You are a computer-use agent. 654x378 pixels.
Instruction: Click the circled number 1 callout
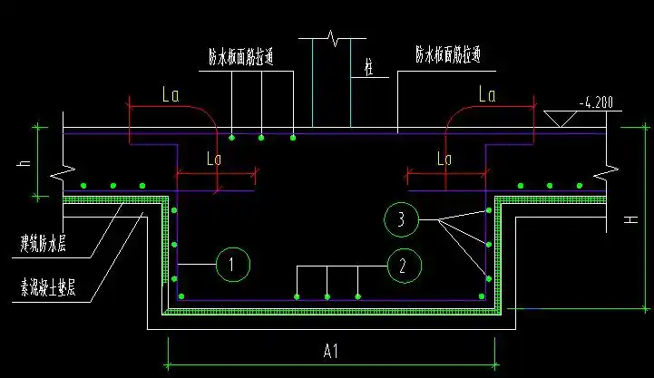[233, 265]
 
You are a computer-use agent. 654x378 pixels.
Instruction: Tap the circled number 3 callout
[400, 219]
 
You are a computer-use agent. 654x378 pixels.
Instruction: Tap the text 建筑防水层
[50, 243]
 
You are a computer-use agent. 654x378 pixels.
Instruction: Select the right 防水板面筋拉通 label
[448, 55]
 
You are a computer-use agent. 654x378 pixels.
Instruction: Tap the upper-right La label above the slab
[487, 93]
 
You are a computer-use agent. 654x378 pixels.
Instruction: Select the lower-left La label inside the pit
[214, 158]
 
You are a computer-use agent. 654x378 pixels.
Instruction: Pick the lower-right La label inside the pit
[444, 158]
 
